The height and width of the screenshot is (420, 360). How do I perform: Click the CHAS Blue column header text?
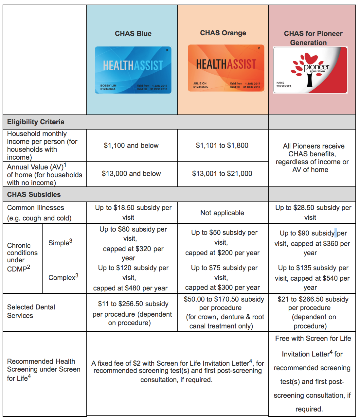(133, 34)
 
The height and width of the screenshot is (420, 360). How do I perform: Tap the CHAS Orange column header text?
(223, 33)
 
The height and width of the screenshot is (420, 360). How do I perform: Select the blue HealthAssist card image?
(133, 70)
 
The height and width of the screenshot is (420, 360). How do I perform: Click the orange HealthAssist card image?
(226, 68)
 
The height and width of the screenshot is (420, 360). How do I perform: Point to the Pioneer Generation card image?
(310, 70)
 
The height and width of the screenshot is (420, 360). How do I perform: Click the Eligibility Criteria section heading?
(36, 122)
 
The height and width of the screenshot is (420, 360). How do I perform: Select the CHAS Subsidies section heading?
(34, 195)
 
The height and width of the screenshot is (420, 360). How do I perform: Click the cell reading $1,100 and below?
(131, 146)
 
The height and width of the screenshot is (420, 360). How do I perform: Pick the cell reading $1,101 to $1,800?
(222, 146)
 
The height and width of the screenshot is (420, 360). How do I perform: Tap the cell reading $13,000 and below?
(131, 174)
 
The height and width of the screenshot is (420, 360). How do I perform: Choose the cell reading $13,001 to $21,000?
(222, 174)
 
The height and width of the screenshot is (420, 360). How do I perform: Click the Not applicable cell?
(222, 213)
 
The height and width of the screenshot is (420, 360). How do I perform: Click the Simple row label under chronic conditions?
(60, 243)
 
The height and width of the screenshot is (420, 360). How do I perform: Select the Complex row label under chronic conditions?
(63, 277)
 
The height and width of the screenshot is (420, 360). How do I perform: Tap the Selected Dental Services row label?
(31, 311)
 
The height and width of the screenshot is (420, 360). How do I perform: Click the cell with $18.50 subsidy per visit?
(133, 213)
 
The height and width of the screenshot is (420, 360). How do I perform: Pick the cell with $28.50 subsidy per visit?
(313, 213)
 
